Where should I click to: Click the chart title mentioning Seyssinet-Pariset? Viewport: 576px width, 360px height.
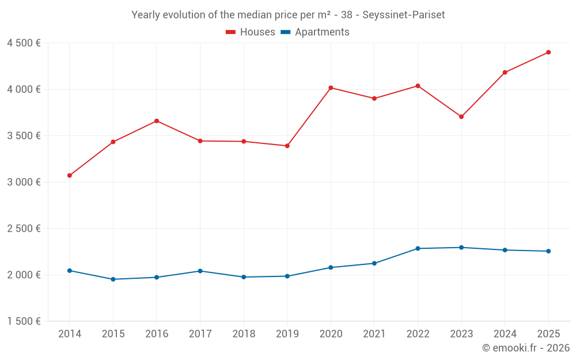(288, 15)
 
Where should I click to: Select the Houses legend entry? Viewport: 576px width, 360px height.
(251, 32)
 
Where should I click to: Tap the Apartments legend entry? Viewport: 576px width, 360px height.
(315, 32)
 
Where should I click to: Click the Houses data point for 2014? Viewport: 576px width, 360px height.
(70, 175)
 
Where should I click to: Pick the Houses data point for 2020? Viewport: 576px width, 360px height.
(331, 88)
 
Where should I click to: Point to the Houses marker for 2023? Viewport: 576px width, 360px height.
(461, 117)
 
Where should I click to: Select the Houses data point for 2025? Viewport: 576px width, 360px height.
(548, 52)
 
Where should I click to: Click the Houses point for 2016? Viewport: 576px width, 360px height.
(157, 121)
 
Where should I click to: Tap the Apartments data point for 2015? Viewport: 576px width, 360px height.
(113, 279)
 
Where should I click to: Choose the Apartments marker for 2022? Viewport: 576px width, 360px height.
(418, 248)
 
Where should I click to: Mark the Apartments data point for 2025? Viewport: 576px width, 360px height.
(548, 251)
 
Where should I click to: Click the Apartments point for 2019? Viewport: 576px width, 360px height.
(287, 276)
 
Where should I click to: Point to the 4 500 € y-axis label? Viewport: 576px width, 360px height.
(24, 43)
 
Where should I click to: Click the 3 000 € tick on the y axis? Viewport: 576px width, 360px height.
(24, 182)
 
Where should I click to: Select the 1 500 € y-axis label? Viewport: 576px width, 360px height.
(24, 321)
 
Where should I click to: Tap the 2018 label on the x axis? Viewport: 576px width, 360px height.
(244, 334)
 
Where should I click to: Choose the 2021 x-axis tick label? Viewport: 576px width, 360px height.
(374, 334)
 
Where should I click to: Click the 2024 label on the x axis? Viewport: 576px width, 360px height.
(505, 334)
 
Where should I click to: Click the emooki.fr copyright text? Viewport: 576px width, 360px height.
(526, 348)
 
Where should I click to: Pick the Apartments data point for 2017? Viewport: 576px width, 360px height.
(200, 271)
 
